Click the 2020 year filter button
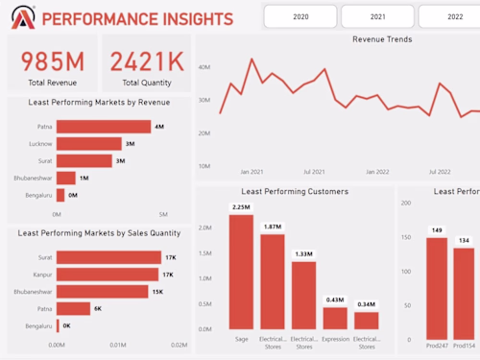pyautogui.click(x=300, y=16)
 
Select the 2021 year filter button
pyautogui.click(x=377, y=16)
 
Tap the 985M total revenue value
pyautogui.click(x=53, y=61)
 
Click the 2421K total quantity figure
pyautogui.click(x=147, y=61)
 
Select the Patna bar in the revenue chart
pyautogui.click(x=104, y=127)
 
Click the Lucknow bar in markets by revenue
pyautogui.click(x=89, y=144)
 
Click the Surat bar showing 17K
pyautogui.click(x=104, y=257)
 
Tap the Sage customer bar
pyautogui.click(x=241, y=272)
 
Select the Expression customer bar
pyautogui.click(x=335, y=318)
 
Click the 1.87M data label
pyautogui.click(x=273, y=227)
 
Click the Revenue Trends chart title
pyautogui.click(x=382, y=40)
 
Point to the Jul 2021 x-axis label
pyautogui.click(x=314, y=172)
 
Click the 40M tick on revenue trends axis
pyautogui.click(x=204, y=68)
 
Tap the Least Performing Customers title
pyautogui.click(x=295, y=192)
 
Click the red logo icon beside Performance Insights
pyautogui.click(x=23, y=17)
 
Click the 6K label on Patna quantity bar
pyautogui.click(x=98, y=308)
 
